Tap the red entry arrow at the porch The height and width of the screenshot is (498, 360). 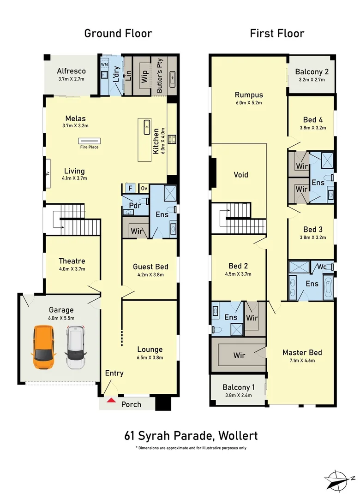coord(111,400)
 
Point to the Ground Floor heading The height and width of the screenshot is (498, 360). coord(118,33)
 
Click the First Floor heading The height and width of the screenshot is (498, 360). coord(277,33)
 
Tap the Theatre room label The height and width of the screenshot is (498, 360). coord(72,261)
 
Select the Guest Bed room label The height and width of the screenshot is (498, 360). coord(150,267)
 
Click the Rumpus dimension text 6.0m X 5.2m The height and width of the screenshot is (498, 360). coord(249,103)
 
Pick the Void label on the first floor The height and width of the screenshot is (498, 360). coord(241,175)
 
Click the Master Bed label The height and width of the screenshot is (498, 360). coord(302,353)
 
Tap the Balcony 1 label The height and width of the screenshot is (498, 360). coord(239,387)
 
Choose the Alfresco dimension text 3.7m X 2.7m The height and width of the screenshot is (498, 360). coord(71,79)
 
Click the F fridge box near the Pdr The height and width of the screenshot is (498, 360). coord(130,188)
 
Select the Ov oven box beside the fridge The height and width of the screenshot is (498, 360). coord(144,188)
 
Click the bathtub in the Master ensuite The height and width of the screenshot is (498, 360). coord(328,288)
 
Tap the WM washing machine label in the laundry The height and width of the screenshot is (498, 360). coord(105,65)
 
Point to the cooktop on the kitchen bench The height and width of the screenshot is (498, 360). coord(172,139)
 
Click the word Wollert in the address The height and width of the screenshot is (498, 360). coord(238,436)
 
